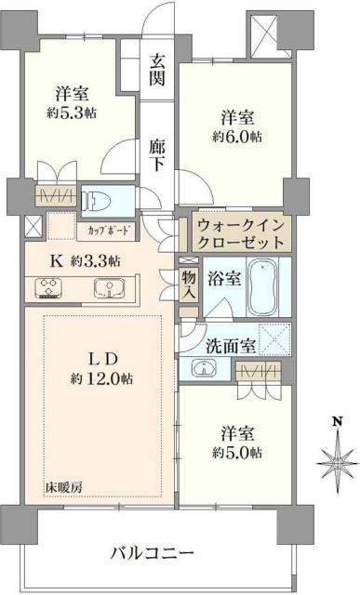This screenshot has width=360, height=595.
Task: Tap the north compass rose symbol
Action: pos(335,459)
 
